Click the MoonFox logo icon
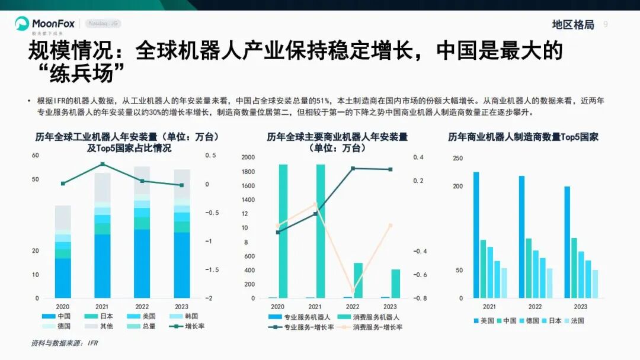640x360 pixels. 22,24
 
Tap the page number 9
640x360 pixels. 606,24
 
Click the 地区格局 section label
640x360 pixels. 572,24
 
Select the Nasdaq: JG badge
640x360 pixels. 103,24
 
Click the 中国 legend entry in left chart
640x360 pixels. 59,316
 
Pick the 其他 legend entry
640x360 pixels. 102,326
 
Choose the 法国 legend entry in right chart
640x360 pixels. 573,320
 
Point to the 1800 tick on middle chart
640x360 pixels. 248,172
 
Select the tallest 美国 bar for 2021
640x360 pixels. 476,234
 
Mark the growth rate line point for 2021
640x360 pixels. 103,164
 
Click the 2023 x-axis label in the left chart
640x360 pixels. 181,307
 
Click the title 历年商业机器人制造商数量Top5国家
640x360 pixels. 523,137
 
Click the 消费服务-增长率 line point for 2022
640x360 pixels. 353,291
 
